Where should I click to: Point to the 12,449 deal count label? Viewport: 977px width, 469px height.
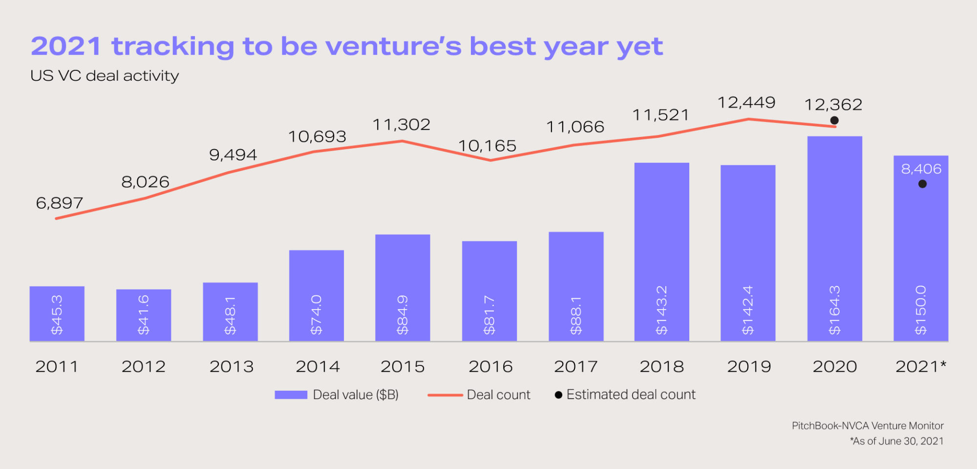coord(746,103)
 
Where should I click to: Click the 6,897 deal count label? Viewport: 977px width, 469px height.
coord(60,203)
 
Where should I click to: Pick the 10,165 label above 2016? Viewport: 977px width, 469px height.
coord(487,146)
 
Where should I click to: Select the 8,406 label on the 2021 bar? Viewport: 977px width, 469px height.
coord(921,169)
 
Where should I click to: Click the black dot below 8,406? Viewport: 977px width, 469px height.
coord(922,184)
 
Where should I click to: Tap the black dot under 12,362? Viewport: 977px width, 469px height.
coord(834,120)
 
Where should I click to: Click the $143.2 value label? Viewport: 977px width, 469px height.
coord(661,310)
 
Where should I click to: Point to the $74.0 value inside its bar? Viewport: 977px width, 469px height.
coord(316,314)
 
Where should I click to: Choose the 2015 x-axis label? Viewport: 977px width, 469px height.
coord(403,366)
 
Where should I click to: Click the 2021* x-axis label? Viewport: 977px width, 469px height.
coord(921,366)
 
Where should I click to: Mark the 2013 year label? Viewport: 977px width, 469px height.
coord(232,366)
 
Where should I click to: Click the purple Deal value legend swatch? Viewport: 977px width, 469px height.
coord(291,395)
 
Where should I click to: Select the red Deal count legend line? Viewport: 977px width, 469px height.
coord(445,395)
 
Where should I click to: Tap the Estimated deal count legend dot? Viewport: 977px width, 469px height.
coord(558,395)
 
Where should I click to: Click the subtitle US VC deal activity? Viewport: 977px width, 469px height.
coord(105,76)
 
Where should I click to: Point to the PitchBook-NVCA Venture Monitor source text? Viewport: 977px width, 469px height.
coord(868,425)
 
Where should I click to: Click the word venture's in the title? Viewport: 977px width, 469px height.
coord(393,46)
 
